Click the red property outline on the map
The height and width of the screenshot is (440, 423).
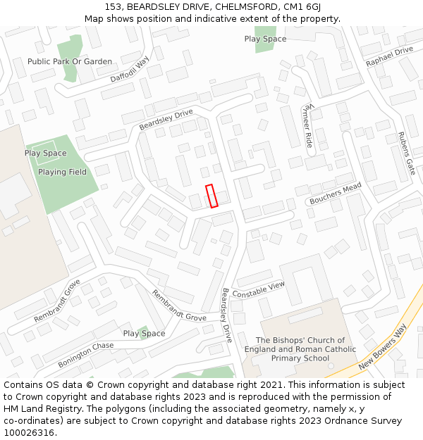(x=211, y=196)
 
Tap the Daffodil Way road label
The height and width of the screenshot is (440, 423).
(x=130, y=70)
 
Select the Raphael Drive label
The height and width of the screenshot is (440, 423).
(x=389, y=57)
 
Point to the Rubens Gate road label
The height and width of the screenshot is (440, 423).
(x=406, y=153)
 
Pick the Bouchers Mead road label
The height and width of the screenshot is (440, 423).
(x=335, y=193)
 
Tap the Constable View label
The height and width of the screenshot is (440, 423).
(x=258, y=289)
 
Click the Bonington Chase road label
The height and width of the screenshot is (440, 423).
(x=85, y=355)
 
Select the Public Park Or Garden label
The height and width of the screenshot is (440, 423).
(x=70, y=61)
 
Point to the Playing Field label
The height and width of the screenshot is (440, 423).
(x=63, y=172)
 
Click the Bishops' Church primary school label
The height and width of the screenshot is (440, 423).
(x=300, y=349)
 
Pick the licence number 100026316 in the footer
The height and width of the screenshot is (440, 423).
(x=30, y=432)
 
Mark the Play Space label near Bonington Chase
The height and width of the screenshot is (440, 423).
(x=144, y=334)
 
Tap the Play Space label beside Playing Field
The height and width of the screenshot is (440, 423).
(x=45, y=153)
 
